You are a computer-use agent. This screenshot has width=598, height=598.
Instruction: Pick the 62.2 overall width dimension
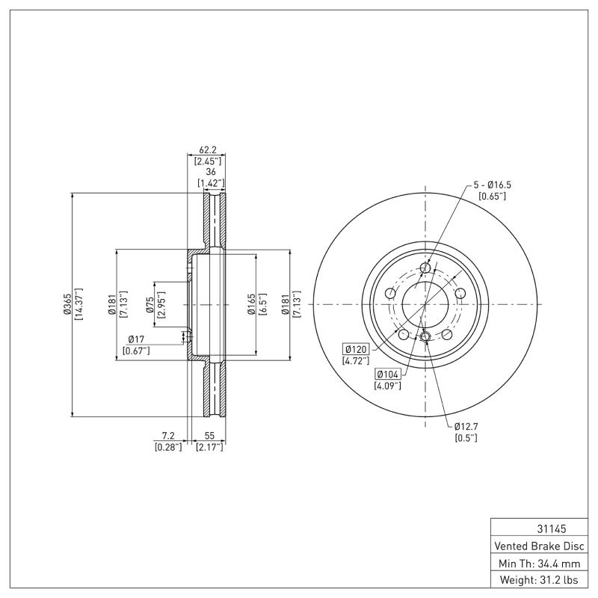(206, 149)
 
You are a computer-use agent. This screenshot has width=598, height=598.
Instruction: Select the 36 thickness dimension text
(210, 171)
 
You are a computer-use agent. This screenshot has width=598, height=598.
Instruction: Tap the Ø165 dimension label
(253, 304)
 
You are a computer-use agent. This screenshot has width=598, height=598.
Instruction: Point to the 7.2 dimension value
(167, 435)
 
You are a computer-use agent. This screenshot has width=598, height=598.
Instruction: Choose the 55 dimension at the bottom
(209, 435)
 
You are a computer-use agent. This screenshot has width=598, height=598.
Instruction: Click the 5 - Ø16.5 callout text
(492, 184)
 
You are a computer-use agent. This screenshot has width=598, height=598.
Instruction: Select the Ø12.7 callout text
(466, 426)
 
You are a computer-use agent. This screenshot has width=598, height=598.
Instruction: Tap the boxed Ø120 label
(356, 349)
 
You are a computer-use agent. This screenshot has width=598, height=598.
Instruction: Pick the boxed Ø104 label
(387, 374)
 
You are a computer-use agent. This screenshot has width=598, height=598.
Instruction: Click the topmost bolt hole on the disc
(425, 268)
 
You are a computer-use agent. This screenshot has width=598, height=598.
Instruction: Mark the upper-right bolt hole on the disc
(460, 293)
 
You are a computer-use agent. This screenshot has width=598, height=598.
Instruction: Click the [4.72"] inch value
(356, 361)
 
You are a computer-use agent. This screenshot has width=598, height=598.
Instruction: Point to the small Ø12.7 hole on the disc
(425, 337)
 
